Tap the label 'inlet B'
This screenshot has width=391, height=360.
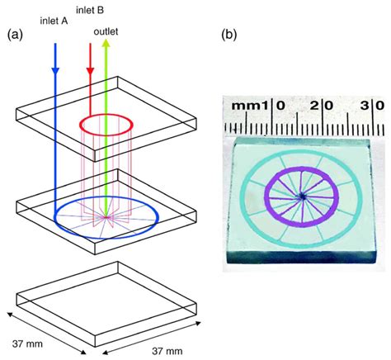(x=91, y=9)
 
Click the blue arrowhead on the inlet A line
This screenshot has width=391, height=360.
(x=55, y=70)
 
